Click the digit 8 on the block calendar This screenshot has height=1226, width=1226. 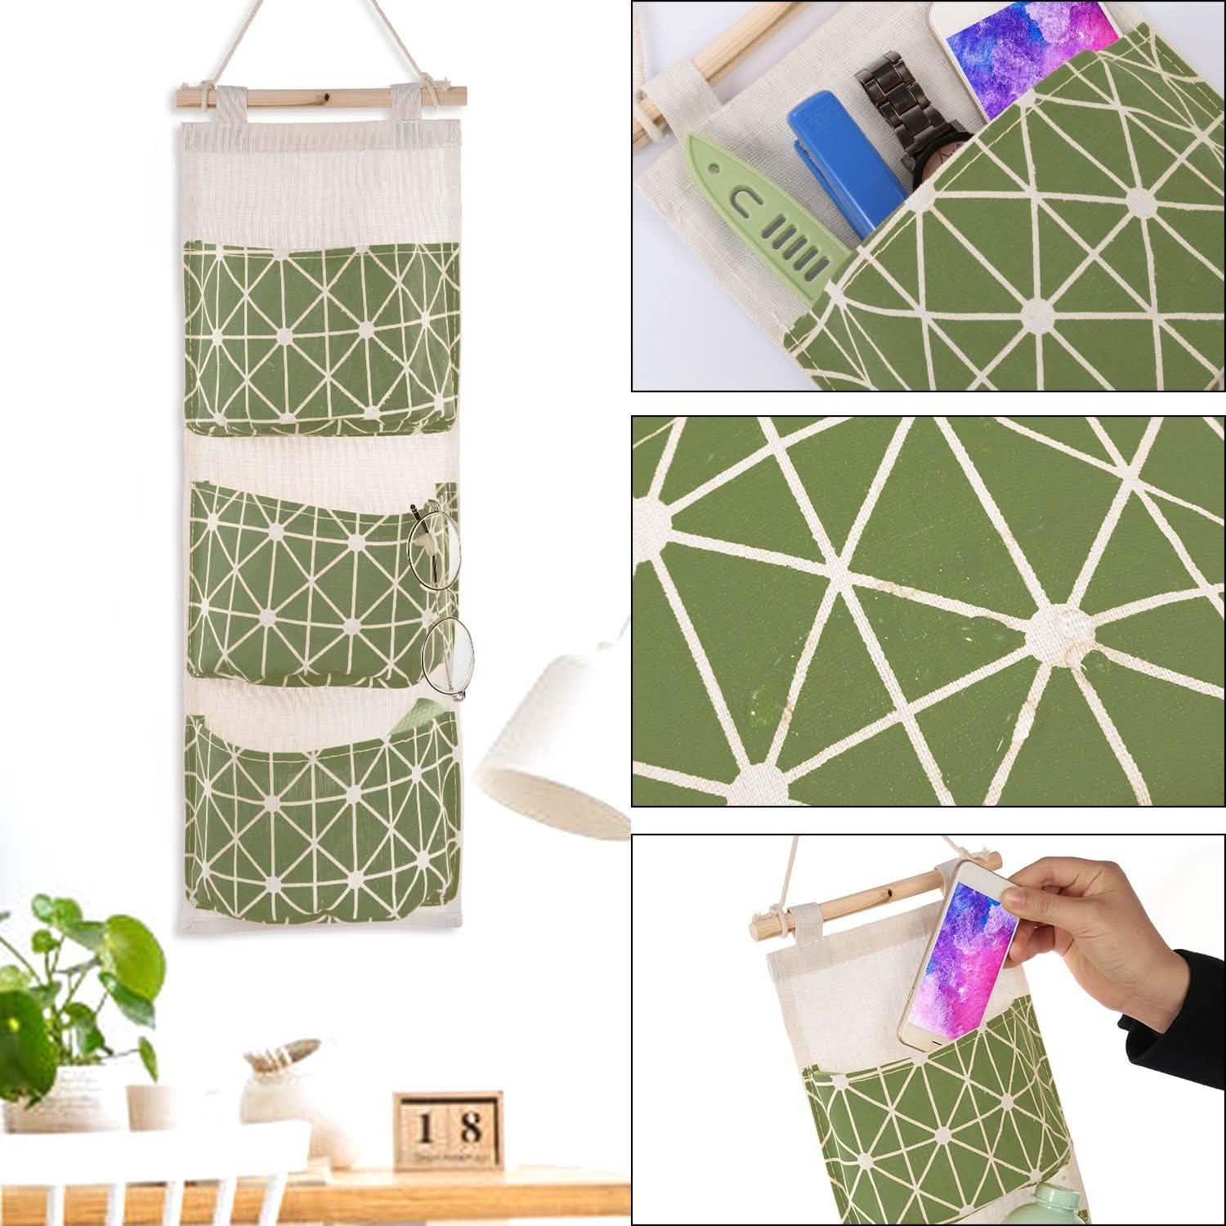pos(469,1128)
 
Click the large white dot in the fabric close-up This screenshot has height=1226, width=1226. pos(1051,626)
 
